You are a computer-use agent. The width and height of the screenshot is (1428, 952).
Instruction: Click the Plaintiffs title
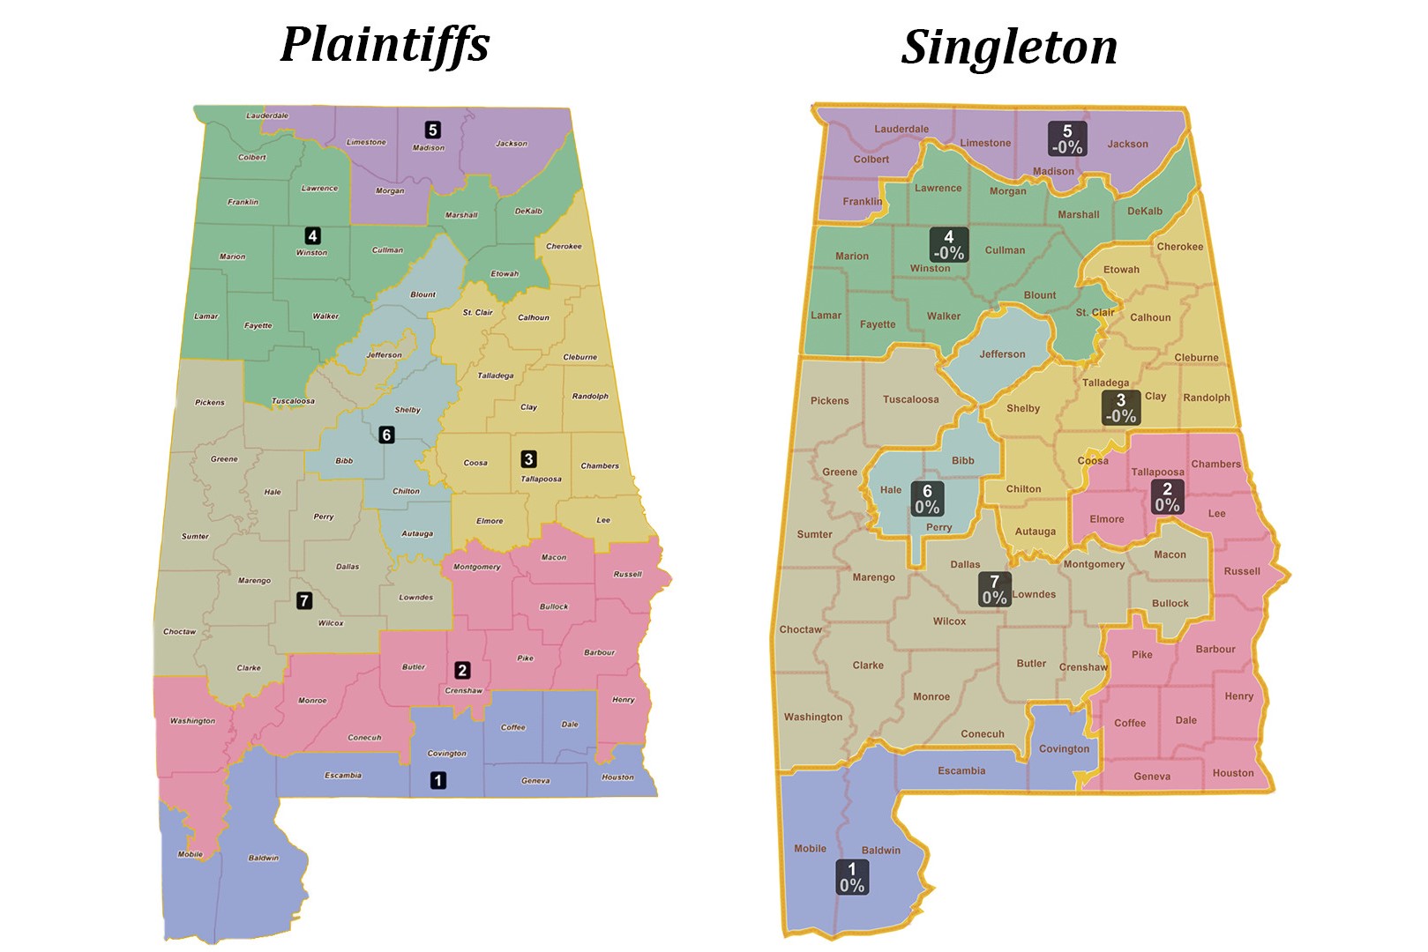385,44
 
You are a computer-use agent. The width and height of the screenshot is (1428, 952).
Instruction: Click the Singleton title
1009,47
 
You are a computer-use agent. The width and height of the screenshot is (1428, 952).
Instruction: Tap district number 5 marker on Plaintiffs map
432,130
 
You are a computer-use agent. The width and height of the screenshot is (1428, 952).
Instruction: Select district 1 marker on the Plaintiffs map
437,780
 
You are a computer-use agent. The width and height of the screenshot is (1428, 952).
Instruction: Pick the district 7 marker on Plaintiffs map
304,600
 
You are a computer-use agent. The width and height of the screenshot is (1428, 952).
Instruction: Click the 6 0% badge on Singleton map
927,499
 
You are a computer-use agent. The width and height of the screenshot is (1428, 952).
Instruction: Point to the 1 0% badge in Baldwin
852,878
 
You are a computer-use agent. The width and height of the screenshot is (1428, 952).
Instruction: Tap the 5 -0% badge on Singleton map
1067,139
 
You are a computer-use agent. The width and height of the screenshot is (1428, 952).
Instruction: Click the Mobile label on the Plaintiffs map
191,854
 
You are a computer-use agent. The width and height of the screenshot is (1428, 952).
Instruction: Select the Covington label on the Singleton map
1064,749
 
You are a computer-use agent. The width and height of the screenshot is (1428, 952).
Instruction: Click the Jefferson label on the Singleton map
1002,354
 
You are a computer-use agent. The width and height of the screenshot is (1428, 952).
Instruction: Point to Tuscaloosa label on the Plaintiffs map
293,401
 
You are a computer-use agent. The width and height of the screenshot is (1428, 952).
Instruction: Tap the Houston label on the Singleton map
1232,773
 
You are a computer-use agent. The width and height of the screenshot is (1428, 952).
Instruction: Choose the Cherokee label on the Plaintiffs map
564,247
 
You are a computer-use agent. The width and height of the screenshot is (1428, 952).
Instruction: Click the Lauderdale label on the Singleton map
901,129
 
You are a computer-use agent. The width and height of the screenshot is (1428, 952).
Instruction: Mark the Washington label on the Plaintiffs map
192,721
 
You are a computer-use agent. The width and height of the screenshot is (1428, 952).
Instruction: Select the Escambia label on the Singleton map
961,770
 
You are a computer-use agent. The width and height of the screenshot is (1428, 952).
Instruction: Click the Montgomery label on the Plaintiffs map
477,567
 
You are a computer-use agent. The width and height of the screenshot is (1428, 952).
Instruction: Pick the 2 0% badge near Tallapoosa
1167,497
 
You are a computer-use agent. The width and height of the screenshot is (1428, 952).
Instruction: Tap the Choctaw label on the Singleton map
800,629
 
